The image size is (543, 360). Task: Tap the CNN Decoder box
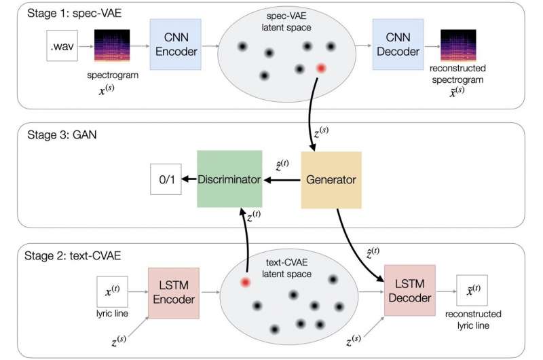398,46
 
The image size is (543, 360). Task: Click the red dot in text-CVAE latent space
246,281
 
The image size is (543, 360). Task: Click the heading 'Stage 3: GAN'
56,133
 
